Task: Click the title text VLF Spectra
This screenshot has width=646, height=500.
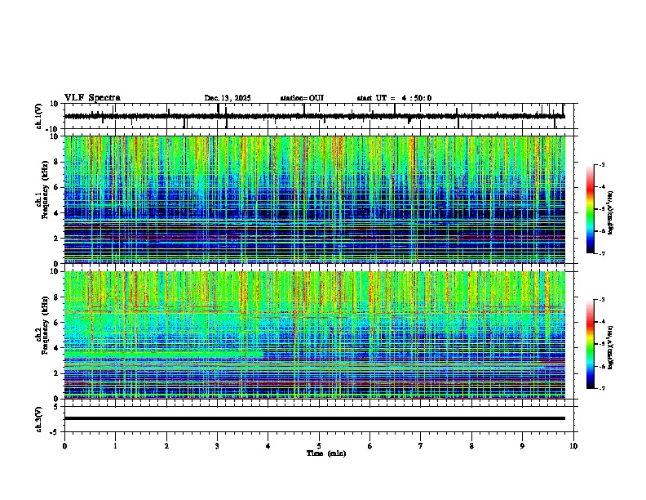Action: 92,98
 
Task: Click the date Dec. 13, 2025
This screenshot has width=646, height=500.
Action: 228,98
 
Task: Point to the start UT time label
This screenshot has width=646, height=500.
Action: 394,98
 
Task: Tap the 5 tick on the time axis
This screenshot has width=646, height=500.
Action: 319,445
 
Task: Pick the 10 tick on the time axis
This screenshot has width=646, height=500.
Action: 573,445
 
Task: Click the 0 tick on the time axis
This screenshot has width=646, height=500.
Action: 64,445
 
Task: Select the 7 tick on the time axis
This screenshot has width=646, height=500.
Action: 421,445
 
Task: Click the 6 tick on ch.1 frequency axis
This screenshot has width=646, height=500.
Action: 57,188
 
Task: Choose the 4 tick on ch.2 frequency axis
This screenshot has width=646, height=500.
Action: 57,348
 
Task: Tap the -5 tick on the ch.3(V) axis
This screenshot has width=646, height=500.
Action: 55,431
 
